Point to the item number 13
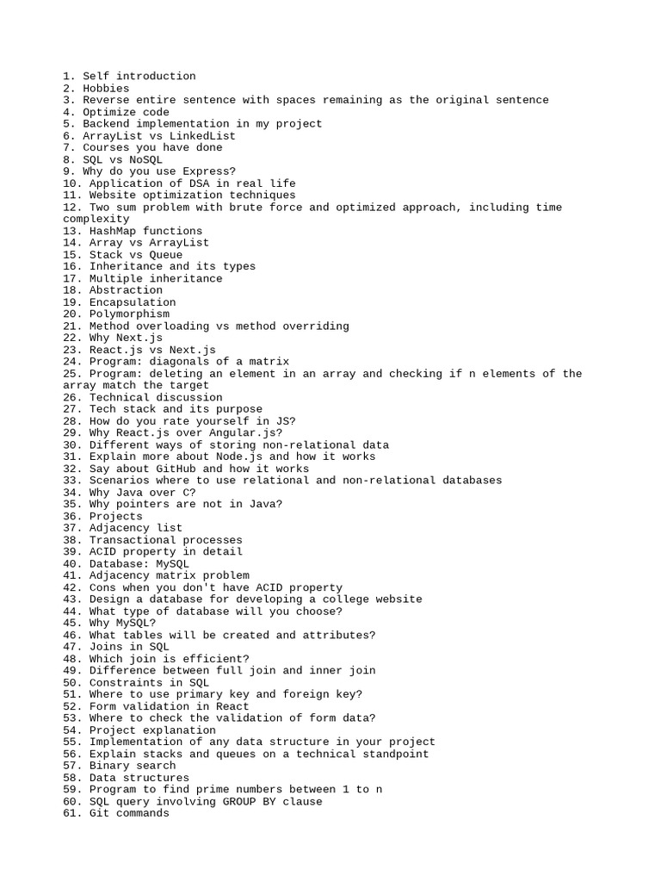(x=70, y=231)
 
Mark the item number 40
(x=70, y=563)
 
